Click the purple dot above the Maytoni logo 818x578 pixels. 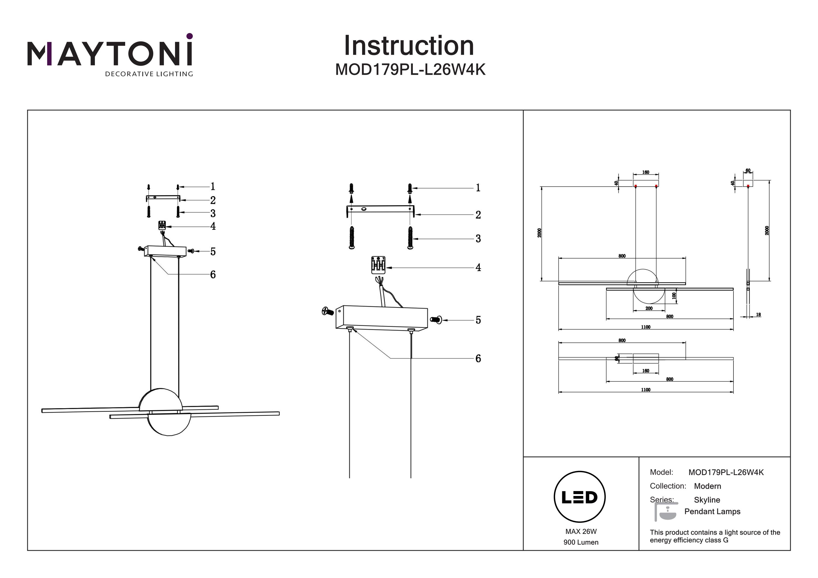190,36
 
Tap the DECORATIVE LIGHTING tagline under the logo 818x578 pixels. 149,74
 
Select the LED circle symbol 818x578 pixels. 580,497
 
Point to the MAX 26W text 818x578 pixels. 581,531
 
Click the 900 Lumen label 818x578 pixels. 581,542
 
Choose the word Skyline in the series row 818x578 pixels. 707,500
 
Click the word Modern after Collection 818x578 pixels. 707,486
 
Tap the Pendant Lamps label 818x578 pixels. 712,512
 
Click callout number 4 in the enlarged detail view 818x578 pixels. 478,267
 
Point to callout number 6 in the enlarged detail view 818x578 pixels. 478,359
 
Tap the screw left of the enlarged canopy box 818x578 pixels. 327,311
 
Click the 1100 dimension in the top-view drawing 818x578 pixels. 646,390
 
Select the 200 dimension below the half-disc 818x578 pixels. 649,308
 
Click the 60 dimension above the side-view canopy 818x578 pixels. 748,171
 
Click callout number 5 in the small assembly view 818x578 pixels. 213,252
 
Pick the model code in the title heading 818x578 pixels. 410,70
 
